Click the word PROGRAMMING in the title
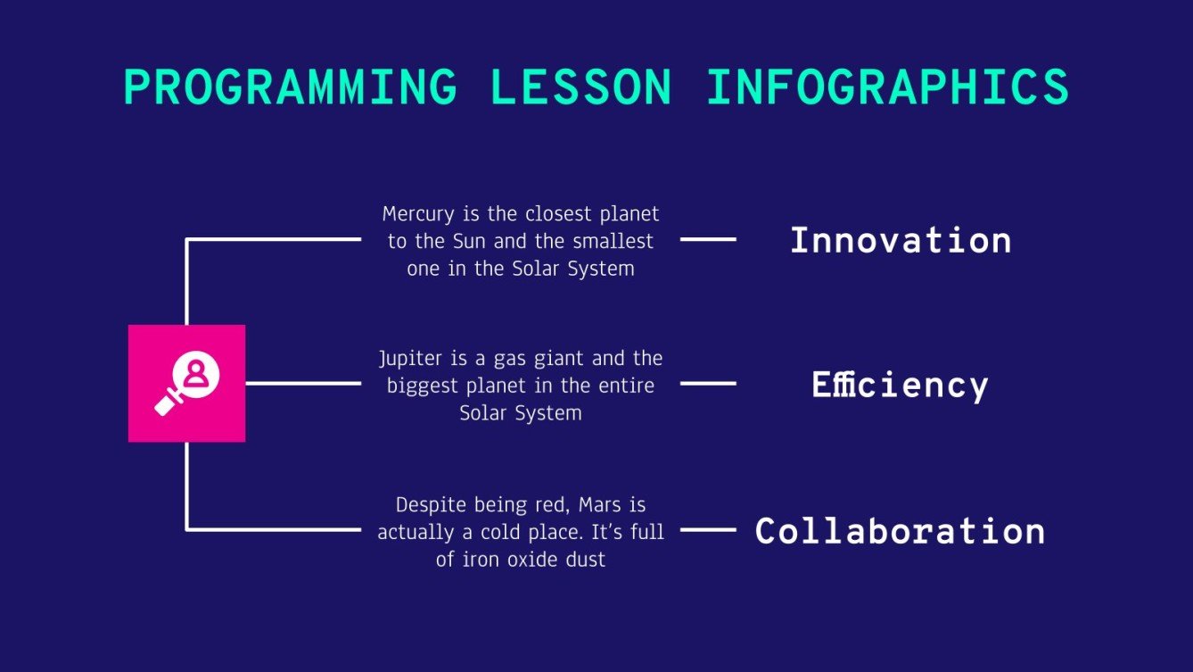click(x=290, y=87)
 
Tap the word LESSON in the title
click(x=581, y=87)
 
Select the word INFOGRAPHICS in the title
click(x=887, y=87)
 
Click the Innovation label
click(x=901, y=240)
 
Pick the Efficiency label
click(x=900, y=385)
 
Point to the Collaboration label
click(x=900, y=531)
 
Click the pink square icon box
click(x=186, y=383)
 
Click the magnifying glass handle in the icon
click(x=168, y=404)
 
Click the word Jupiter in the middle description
click(x=409, y=359)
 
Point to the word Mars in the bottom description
click(x=599, y=505)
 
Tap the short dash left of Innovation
click(x=708, y=239)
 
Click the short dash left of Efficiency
click(x=708, y=384)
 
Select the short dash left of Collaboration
click(x=708, y=530)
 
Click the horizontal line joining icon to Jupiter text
click(x=303, y=384)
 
